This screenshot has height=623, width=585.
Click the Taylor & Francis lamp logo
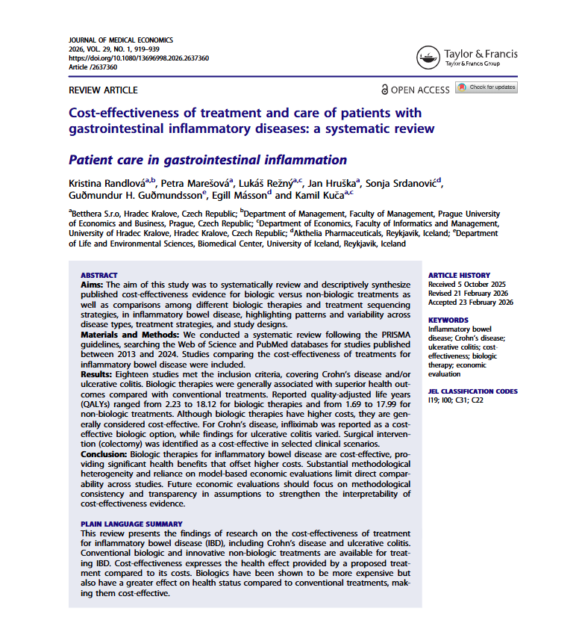(428, 58)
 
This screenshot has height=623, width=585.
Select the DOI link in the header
(139, 58)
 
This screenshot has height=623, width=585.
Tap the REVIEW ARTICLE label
(103, 90)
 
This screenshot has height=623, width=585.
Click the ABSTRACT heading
(98, 275)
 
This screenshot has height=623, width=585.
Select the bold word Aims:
(92, 285)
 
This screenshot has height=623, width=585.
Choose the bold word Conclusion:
(103, 454)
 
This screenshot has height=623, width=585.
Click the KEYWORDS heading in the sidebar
(449, 319)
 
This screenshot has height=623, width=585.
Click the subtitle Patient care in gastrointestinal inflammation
(207, 160)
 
